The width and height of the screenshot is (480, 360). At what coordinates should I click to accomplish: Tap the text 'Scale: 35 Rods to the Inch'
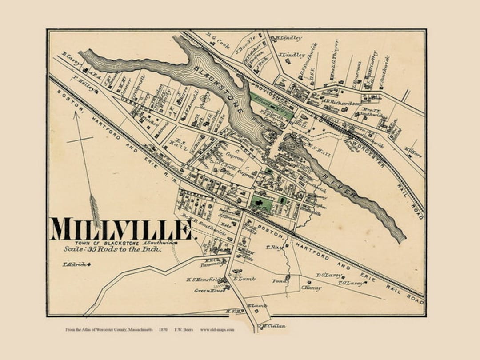(112, 249)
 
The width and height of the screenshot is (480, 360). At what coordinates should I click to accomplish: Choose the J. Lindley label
(292, 55)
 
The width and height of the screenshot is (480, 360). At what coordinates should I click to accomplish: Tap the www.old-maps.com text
(217, 330)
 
